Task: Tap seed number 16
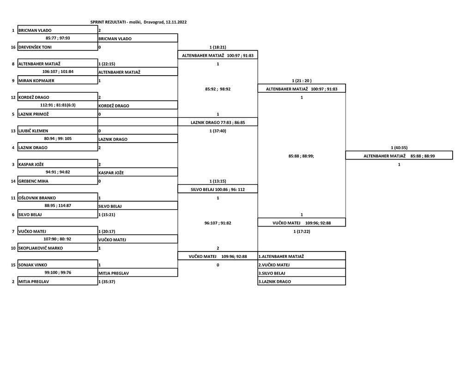click(x=13, y=47)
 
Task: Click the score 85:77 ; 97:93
click(x=58, y=38)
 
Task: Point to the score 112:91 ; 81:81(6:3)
click(x=58, y=105)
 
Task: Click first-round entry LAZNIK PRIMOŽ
click(x=33, y=114)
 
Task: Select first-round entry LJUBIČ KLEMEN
click(x=33, y=131)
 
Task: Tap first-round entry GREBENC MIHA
click(x=33, y=181)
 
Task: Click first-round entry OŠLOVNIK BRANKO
click(x=37, y=198)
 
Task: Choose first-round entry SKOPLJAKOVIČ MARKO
click(x=41, y=248)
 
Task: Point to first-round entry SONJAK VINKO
click(x=33, y=265)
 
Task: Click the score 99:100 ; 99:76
click(x=58, y=272)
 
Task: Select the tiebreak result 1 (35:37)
click(x=107, y=281)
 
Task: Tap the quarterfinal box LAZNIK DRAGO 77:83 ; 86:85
click(x=218, y=122)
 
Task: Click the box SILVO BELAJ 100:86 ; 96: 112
click(x=218, y=189)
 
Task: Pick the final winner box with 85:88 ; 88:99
click(x=399, y=156)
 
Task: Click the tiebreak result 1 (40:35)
click(x=399, y=148)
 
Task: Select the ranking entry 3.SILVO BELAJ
click(x=272, y=273)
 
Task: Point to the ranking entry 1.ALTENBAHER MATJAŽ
click(x=281, y=257)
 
